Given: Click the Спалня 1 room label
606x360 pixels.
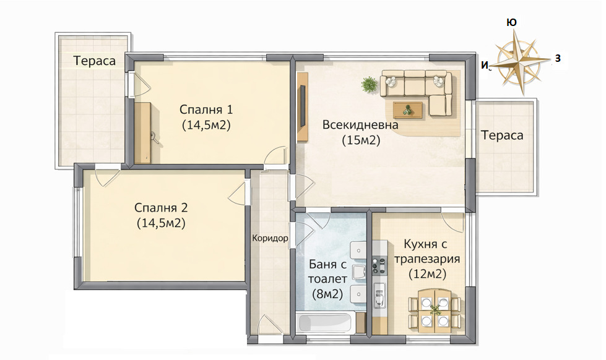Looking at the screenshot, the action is [x=206, y=109].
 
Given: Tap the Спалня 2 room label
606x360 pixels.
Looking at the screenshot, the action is [x=161, y=208].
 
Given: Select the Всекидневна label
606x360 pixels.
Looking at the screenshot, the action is [x=360, y=125].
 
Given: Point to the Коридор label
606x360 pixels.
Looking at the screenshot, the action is [x=270, y=238].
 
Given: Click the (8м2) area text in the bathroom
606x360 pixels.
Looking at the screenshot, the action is [x=327, y=294].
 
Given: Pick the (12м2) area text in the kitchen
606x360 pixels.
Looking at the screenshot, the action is [x=428, y=274].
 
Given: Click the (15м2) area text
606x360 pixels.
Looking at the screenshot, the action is [x=361, y=140].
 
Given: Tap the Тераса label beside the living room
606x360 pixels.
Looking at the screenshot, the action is [x=502, y=135].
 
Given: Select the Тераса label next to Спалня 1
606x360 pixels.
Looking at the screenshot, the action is [x=95, y=61].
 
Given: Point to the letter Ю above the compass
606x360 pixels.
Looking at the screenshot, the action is [x=511, y=22].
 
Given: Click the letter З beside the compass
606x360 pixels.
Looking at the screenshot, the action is [x=558, y=58].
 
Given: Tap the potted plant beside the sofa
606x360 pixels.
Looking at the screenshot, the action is [x=369, y=84].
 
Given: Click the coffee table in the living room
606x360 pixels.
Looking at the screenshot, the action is [x=408, y=109].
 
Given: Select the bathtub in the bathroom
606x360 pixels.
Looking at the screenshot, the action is [x=325, y=322].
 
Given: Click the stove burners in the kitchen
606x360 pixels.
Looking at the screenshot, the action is [x=379, y=265].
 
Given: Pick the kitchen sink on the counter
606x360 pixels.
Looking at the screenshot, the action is [x=379, y=296].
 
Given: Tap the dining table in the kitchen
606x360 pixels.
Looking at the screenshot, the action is [x=435, y=311].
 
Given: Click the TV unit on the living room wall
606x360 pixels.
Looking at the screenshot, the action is [x=303, y=106].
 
